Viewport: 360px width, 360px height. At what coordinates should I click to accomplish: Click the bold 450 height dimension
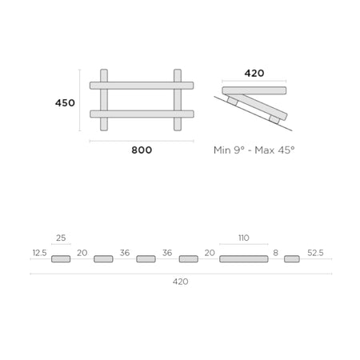point(65,103)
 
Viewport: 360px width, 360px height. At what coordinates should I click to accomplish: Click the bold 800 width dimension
point(142,150)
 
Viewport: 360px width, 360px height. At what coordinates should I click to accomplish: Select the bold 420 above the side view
point(254,73)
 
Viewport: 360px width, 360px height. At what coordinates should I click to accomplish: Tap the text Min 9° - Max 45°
point(254,150)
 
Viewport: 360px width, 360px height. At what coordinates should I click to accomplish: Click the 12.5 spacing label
point(39,253)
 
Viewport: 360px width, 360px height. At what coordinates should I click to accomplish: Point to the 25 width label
point(61,238)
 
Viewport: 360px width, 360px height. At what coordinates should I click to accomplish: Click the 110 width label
point(244,238)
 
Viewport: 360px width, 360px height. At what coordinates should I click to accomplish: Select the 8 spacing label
point(276,253)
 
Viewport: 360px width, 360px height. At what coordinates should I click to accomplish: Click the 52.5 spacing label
point(315,253)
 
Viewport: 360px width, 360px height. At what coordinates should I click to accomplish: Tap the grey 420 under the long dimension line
point(181,282)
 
